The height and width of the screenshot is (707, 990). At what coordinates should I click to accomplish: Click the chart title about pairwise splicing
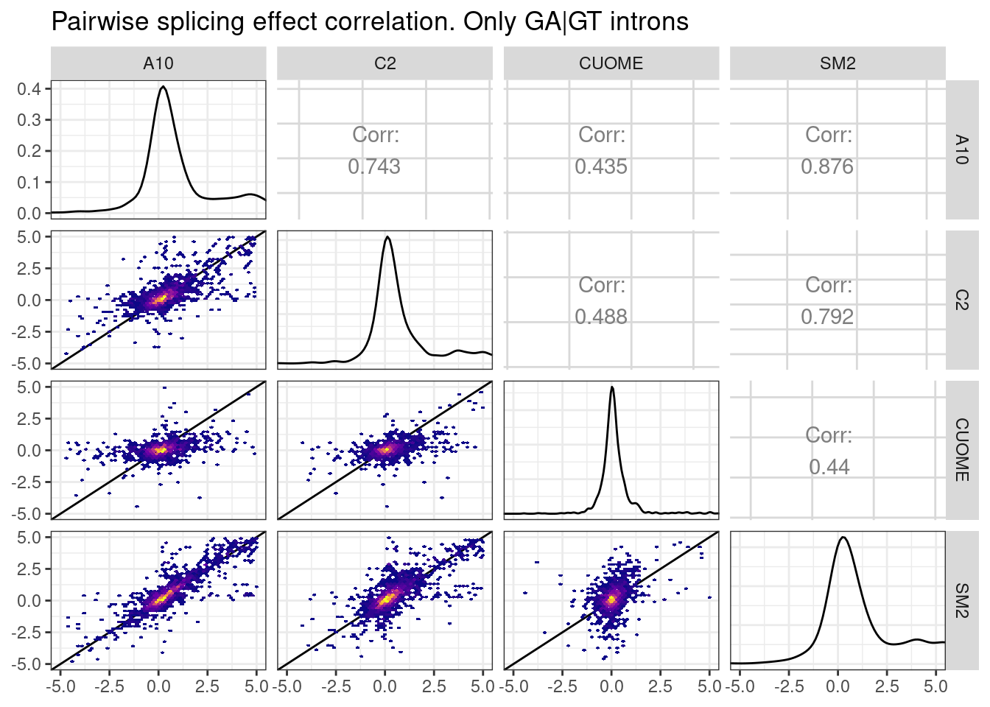tap(370, 21)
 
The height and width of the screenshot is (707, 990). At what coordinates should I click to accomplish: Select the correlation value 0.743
tap(374, 166)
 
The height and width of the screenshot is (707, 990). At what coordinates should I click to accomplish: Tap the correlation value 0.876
tap(827, 166)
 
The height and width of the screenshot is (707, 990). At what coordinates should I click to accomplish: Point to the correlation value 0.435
tap(601, 166)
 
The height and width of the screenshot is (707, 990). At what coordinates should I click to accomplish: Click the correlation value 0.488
tap(601, 317)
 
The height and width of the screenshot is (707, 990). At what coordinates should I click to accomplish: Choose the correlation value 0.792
tap(827, 317)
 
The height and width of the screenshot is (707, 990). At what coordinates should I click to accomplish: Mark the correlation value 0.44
tap(829, 467)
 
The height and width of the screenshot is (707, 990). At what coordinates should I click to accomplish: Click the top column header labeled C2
tap(385, 63)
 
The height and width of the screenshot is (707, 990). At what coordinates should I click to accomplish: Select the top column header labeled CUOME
tap(611, 63)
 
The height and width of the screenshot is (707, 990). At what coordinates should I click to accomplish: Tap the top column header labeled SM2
tap(838, 63)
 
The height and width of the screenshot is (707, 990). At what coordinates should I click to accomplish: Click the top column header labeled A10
tap(158, 63)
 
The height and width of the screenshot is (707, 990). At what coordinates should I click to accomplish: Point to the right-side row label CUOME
tap(961, 450)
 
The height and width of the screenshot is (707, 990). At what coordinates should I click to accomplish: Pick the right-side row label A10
tap(961, 150)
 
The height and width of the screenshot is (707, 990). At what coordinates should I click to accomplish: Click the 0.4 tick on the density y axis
tap(29, 89)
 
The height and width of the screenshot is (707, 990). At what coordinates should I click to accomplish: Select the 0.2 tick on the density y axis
tap(29, 151)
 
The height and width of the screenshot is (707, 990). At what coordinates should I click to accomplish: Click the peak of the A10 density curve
tap(163, 87)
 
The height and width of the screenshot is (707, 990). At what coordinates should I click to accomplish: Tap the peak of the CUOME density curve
tap(612, 387)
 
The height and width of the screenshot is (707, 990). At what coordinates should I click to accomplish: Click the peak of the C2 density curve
tap(387, 237)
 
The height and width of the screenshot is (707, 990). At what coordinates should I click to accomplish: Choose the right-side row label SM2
tap(961, 600)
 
